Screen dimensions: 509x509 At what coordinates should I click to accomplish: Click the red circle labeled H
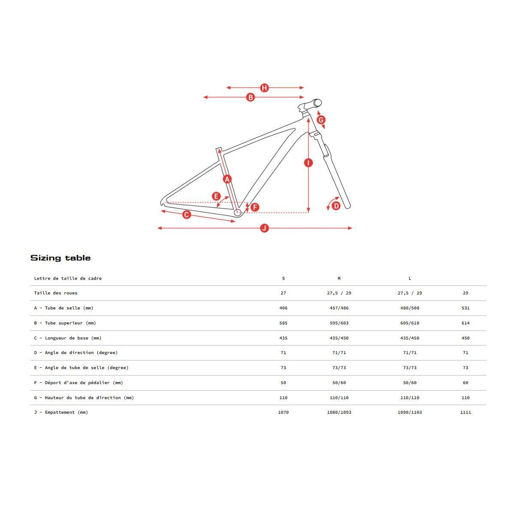(264, 88)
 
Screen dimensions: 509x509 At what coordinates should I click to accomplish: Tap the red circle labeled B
(250, 97)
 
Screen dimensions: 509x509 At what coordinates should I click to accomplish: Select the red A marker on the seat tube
(227, 179)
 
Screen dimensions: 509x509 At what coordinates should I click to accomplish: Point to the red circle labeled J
(264, 228)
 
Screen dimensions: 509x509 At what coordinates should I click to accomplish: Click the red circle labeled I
(309, 163)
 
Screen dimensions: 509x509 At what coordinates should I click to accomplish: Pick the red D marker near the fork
(336, 206)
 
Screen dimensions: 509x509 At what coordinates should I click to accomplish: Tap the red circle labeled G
(321, 120)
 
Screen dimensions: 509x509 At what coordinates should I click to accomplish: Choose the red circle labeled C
(186, 215)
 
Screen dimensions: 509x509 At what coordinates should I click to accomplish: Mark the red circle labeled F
(255, 207)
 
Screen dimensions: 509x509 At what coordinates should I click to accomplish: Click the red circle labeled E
(216, 196)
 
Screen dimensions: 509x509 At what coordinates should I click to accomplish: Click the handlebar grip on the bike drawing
(317, 103)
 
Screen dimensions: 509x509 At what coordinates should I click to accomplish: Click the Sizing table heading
(61, 258)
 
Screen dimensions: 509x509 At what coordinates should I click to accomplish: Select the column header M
(339, 278)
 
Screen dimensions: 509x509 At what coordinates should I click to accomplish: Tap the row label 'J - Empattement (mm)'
(61, 412)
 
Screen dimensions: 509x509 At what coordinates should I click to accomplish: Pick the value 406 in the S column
(283, 308)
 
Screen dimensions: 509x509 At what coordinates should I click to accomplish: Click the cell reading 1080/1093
(339, 412)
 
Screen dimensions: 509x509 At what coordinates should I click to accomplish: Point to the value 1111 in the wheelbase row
(466, 412)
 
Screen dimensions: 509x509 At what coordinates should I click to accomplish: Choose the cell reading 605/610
(410, 323)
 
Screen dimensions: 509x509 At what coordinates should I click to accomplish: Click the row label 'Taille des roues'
(56, 293)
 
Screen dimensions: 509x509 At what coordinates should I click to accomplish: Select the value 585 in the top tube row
(283, 323)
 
